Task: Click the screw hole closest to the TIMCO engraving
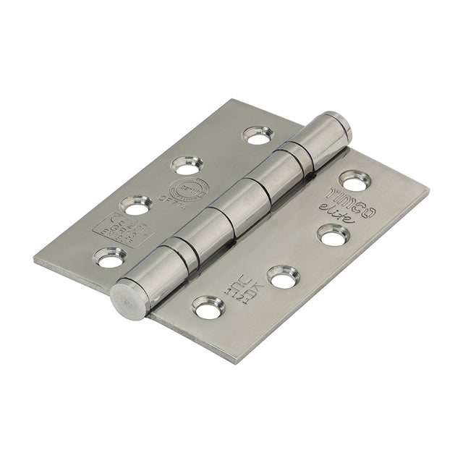[353, 180]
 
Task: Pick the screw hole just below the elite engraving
[334, 234]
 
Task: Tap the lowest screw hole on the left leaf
[109, 257]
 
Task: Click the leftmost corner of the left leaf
[34, 258]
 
